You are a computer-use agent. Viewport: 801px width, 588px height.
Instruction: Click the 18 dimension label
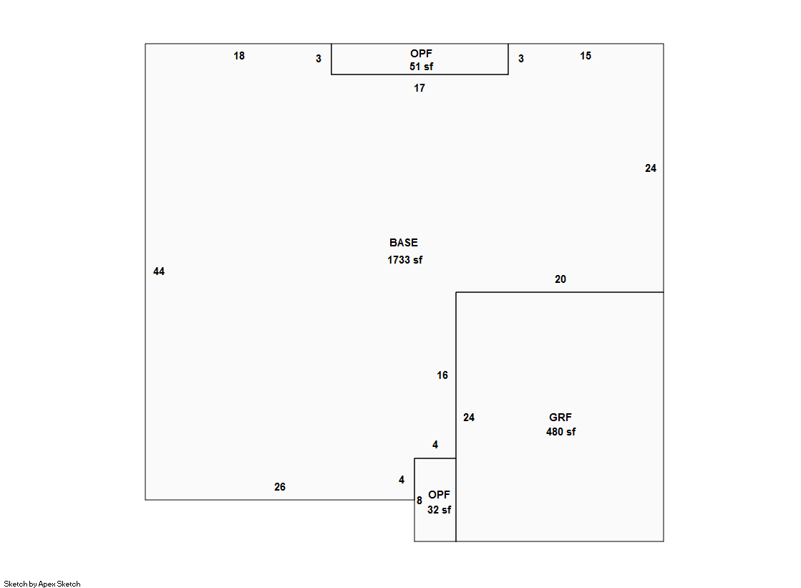click(x=239, y=56)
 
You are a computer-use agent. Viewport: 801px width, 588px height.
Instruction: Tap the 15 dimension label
click(x=586, y=56)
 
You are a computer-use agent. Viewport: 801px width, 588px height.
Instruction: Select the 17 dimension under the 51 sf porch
click(x=419, y=88)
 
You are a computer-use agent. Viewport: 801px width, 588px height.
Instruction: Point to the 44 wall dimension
click(x=159, y=271)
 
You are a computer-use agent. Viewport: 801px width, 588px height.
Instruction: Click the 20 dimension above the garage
click(x=560, y=279)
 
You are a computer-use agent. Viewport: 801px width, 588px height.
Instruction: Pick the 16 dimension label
click(x=442, y=375)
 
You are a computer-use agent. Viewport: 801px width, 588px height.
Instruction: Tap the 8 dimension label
click(x=419, y=501)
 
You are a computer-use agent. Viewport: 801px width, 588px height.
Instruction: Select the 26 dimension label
click(x=280, y=487)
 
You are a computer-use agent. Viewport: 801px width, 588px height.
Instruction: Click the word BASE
click(x=404, y=243)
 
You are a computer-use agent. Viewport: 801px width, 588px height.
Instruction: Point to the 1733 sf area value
click(x=405, y=260)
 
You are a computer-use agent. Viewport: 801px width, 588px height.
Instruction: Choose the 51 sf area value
click(x=421, y=67)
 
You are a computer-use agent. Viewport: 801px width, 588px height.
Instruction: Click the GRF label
click(x=560, y=418)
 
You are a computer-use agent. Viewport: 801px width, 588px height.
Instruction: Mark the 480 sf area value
click(x=560, y=432)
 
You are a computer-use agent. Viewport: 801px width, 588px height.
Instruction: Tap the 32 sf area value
click(x=439, y=509)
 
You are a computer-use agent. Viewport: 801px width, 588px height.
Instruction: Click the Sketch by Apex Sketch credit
click(x=42, y=584)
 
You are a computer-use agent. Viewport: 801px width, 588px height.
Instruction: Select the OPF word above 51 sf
click(x=421, y=54)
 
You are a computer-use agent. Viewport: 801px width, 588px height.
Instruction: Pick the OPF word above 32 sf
click(x=439, y=495)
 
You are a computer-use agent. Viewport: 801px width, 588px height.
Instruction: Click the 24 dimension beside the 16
click(x=469, y=418)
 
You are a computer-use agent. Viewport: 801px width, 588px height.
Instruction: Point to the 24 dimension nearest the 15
click(x=650, y=168)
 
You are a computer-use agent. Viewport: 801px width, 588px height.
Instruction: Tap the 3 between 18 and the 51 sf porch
click(x=319, y=59)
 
